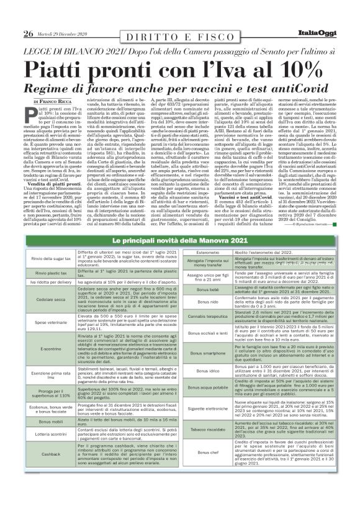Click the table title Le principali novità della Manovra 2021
coord(180,240)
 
